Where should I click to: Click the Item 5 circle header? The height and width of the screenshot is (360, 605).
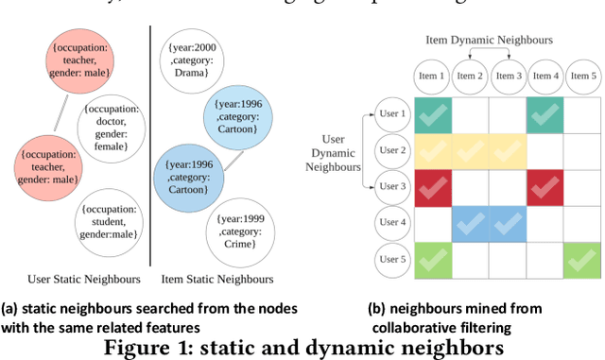[580, 76]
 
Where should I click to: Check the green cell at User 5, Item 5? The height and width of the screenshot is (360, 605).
[580, 259]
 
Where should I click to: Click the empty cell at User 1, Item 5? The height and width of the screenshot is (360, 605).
[580, 115]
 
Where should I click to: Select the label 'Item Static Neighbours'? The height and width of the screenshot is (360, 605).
[217, 279]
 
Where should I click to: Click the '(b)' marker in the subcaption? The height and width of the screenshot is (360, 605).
[376, 307]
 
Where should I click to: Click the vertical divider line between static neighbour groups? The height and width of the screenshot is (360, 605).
[151, 151]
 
